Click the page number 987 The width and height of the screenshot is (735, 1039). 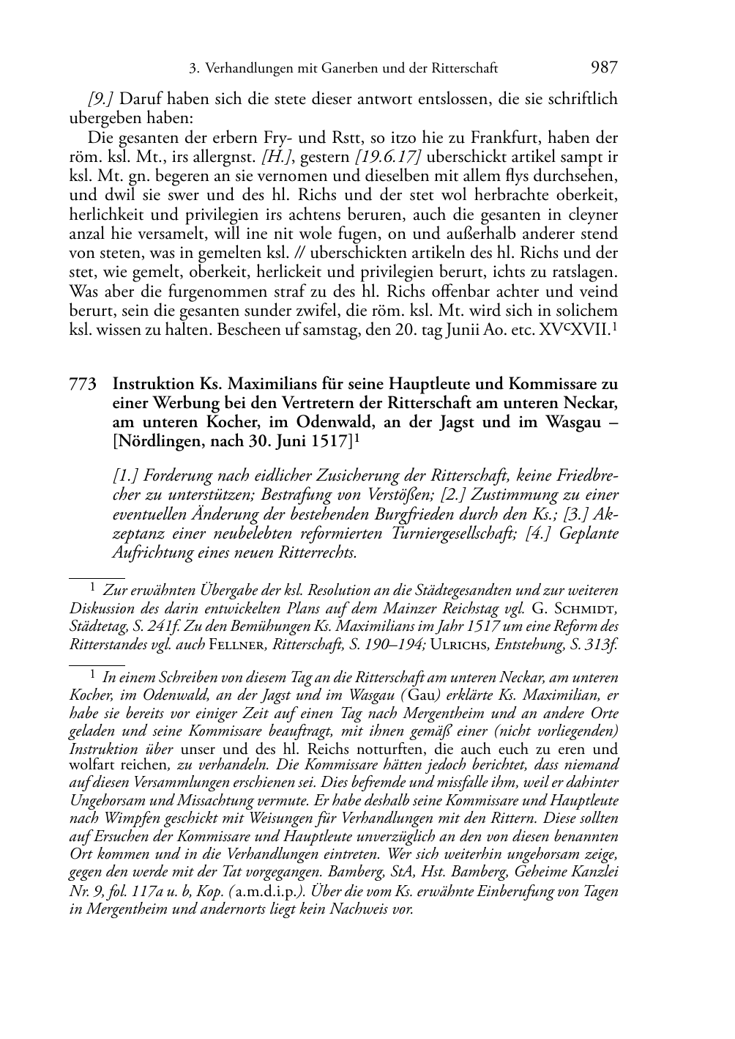pos(604,68)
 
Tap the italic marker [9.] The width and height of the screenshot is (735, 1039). pos(100,99)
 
